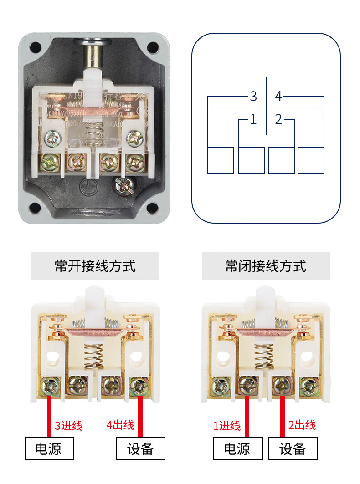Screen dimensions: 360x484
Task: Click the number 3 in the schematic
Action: click(253, 97)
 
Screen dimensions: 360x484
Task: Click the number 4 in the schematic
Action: click(278, 97)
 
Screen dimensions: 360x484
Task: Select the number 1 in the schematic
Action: click(253, 119)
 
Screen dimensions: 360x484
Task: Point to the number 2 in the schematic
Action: click(278, 119)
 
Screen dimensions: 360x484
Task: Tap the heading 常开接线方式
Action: click(95, 266)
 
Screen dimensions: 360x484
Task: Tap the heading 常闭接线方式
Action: click(266, 266)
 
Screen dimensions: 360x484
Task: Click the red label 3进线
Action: click(69, 426)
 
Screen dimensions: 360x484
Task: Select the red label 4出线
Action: click(120, 425)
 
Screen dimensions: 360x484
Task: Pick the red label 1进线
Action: click(227, 426)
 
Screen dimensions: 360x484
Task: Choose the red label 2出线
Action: click(302, 425)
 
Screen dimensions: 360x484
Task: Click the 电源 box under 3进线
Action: click(49, 449)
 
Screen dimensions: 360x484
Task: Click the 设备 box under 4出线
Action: click(141, 449)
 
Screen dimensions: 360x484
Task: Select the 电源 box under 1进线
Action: click(238, 449)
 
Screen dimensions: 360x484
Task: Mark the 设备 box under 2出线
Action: click(293, 449)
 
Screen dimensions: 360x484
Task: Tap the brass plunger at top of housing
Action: click(98, 57)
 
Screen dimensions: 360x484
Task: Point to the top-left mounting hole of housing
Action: click(35, 47)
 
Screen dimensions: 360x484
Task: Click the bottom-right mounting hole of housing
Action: click(152, 209)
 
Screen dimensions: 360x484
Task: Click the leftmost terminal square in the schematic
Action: click(220, 160)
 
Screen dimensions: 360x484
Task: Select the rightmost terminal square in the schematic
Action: click(311, 160)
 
